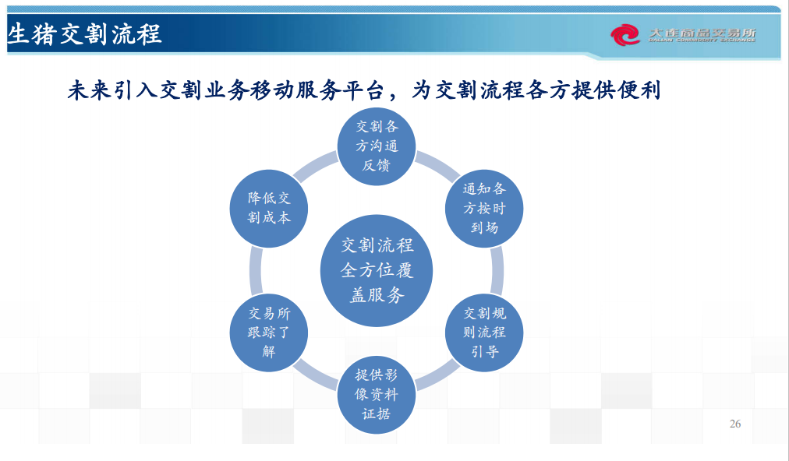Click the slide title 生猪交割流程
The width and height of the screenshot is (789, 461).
point(84,35)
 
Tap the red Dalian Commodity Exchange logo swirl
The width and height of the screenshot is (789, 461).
point(625,35)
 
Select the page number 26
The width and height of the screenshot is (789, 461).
point(735,424)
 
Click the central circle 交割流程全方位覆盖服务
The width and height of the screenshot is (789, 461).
point(377,270)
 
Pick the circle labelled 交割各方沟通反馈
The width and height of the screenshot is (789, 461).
point(377,146)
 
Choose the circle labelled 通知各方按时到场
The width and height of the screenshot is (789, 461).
point(484,209)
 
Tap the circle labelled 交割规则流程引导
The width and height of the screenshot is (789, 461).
point(484,333)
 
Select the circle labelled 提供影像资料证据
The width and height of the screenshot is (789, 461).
point(377,395)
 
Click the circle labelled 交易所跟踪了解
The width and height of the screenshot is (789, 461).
point(269,333)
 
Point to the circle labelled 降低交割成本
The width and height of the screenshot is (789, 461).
point(269,209)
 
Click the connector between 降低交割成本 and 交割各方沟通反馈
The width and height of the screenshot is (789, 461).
point(316,167)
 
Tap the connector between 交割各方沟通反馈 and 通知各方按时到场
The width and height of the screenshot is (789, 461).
point(437,167)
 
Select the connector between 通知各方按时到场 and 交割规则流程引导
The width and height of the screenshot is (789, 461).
point(497,270)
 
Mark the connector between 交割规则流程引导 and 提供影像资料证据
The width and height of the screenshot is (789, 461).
point(437,375)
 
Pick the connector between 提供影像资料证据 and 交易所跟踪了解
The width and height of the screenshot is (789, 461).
point(316,375)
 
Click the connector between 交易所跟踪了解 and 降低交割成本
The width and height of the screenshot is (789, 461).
point(256,270)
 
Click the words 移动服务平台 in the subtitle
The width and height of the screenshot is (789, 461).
point(317,90)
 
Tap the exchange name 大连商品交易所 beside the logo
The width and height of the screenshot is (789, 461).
point(702,33)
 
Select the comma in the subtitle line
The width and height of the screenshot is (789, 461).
point(395,97)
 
